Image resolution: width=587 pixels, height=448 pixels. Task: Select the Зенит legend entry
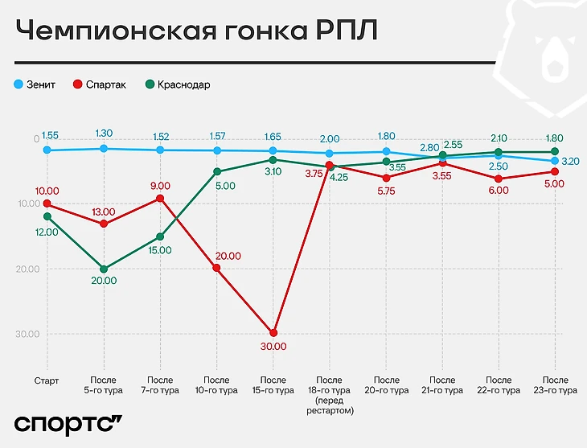[x=35, y=84]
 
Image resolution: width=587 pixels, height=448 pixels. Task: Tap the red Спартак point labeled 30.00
[x=273, y=332]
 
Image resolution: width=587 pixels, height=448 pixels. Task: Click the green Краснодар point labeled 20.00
[x=104, y=269]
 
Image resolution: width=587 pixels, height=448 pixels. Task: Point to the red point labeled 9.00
[x=160, y=198]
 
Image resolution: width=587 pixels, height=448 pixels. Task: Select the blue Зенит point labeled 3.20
[x=555, y=161]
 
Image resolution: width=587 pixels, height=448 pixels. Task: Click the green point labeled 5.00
[x=217, y=171]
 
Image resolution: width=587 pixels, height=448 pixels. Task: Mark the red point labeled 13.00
[x=104, y=224]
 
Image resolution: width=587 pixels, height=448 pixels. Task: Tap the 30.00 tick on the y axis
[x=27, y=334]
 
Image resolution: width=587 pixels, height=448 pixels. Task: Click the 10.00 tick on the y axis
[x=27, y=203]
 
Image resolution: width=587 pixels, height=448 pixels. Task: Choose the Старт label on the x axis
[x=47, y=380]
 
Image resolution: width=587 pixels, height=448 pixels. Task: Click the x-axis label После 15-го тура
[x=273, y=385]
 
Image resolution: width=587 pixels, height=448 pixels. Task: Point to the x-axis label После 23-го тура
[x=556, y=385]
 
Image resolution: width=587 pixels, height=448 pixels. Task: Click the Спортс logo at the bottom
[x=68, y=424]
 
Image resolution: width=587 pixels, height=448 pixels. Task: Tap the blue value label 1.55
[x=50, y=136]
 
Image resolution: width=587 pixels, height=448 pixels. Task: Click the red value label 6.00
[x=499, y=191]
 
